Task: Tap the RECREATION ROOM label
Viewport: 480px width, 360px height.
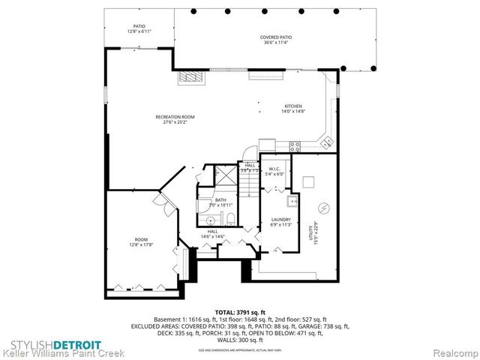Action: (175, 117)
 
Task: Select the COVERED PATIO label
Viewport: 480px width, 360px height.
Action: (275, 37)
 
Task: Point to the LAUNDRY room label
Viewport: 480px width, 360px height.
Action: (280, 219)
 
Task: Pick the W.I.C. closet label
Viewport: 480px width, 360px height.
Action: (273, 168)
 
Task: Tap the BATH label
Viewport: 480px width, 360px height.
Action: (220, 200)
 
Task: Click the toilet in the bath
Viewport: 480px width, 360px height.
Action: (230, 218)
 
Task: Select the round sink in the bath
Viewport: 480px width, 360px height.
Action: (211, 219)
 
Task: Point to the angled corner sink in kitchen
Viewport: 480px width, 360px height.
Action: (325, 139)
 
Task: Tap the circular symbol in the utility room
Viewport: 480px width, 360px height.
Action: (325, 208)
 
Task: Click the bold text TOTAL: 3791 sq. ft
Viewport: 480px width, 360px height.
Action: (239, 311)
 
